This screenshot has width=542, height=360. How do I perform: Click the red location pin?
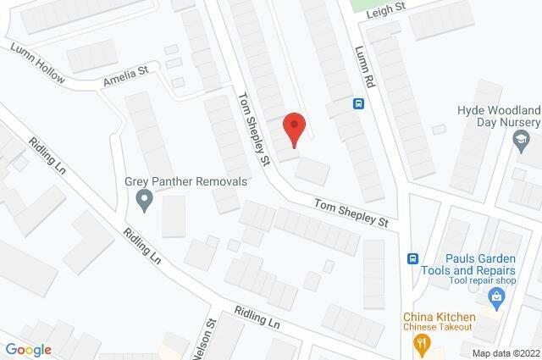(293, 130)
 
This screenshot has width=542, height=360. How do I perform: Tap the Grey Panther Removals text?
(185, 181)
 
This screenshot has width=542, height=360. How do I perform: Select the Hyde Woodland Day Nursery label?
(499, 117)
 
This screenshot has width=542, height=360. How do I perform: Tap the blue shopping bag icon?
(497, 296)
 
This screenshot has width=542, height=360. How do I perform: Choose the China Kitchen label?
(439, 317)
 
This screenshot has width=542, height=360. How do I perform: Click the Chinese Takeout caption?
(439, 330)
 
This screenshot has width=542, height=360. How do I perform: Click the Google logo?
(29, 349)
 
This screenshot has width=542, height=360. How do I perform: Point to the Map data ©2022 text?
(505, 353)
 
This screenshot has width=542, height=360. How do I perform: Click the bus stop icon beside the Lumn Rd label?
(358, 104)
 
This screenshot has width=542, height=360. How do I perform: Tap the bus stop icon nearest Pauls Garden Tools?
(413, 258)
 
